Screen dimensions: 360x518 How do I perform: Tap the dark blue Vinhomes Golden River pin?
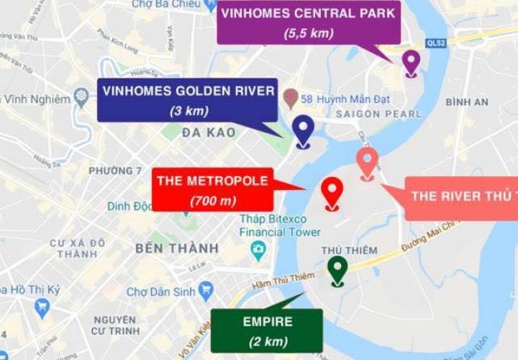(303, 129)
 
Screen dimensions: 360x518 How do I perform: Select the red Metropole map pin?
(332, 191)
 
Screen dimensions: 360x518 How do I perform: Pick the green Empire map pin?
(337, 269)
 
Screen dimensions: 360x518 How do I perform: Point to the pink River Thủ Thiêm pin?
(367, 161)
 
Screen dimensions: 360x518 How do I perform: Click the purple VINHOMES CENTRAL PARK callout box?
(309, 22)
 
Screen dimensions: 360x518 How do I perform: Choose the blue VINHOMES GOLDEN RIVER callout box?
(188, 100)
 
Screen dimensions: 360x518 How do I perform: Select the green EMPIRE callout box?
(267, 330)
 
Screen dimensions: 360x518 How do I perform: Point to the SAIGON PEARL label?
(378, 114)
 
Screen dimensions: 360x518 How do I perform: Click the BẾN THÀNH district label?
(177, 248)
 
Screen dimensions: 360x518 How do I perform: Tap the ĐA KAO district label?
(209, 132)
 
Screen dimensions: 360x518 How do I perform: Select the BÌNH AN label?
(467, 102)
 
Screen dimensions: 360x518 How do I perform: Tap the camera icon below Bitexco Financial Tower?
(258, 250)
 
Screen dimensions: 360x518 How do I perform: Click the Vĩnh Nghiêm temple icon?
(81, 98)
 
